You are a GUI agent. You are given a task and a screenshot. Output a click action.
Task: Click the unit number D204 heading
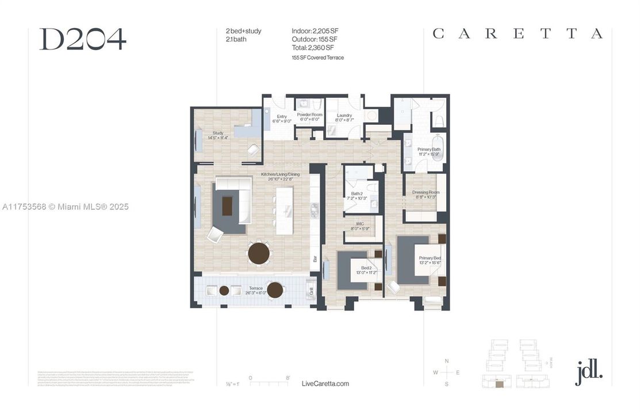click(82, 39)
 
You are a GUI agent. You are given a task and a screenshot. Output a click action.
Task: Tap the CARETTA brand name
click(518, 34)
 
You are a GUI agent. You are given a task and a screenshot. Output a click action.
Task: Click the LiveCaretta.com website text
click(325, 384)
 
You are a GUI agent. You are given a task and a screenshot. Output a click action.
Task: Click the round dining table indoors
click(259, 252)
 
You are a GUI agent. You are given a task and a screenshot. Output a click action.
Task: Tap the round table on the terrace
click(275, 290)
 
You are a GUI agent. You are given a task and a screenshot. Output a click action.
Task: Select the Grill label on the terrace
click(311, 291)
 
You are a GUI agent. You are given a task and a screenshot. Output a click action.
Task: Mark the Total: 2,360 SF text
click(313, 47)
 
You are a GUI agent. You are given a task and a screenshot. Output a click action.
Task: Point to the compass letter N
click(447, 361)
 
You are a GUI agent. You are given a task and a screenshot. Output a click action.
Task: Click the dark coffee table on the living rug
click(229, 205)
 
